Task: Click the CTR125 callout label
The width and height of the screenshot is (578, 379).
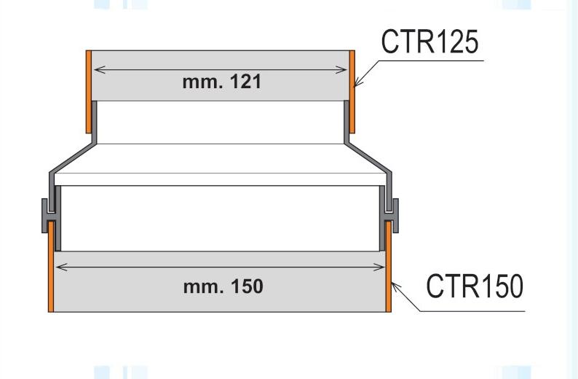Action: [x=429, y=43]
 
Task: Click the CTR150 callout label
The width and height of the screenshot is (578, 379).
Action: [x=474, y=286]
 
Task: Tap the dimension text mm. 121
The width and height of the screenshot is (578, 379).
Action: [x=221, y=82]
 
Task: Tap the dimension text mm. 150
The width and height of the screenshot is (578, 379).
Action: [x=223, y=286]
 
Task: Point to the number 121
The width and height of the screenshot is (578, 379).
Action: [x=245, y=82]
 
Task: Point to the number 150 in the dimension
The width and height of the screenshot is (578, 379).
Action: [x=248, y=286]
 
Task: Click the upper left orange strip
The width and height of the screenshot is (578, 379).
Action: [x=88, y=91]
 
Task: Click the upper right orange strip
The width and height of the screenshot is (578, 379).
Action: [x=352, y=91]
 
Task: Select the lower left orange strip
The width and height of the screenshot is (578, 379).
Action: [x=50, y=266]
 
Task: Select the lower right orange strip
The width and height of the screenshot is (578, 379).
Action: [x=389, y=266]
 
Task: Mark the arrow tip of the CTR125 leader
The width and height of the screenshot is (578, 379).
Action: [x=355, y=86]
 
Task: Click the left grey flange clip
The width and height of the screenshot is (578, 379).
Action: [x=47, y=215]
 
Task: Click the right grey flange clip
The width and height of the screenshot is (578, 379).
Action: [x=393, y=215]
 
